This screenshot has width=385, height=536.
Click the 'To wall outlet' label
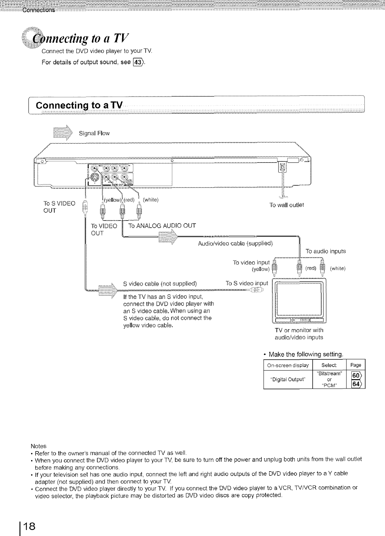click(287, 205)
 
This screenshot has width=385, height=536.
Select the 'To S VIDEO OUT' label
click(60, 206)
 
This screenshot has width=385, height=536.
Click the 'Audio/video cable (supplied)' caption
click(236, 244)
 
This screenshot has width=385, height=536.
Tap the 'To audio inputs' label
click(325, 251)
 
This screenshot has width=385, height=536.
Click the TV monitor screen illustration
click(299, 300)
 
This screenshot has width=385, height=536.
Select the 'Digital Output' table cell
click(288, 380)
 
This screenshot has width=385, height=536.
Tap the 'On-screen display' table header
click(288, 365)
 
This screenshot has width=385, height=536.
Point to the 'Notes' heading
click(38, 446)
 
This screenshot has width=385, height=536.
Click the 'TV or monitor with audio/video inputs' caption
click(299, 334)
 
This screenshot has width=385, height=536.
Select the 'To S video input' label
click(247, 283)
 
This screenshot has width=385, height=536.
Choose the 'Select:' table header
click(330, 365)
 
